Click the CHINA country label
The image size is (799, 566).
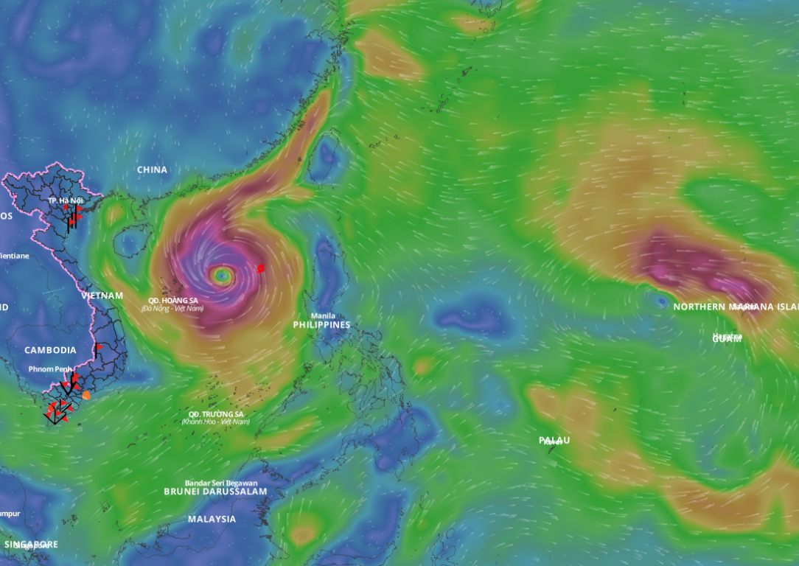(152, 170)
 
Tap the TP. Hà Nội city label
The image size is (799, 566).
(66, 200)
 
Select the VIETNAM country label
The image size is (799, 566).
(102, 296)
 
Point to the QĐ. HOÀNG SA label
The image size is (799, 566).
(172, 300)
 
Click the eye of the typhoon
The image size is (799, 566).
(222, 276)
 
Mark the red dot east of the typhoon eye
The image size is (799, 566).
(260, 268)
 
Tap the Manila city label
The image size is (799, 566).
(323, 315)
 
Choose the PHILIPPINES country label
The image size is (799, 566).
(321, 325)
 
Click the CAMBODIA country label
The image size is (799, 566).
(50, 350)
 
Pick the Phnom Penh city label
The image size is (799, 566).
(50, 368)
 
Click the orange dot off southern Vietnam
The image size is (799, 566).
(86, 395)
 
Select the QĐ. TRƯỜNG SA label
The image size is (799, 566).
(216, 413)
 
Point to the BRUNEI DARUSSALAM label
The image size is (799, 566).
(215, 492)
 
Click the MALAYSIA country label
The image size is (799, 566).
(212, 519)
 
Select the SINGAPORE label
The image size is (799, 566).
(31, 545)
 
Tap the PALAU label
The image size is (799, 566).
(554, 440)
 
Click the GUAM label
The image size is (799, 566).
(727, 339)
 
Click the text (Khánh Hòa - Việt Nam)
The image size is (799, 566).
(216, 422)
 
